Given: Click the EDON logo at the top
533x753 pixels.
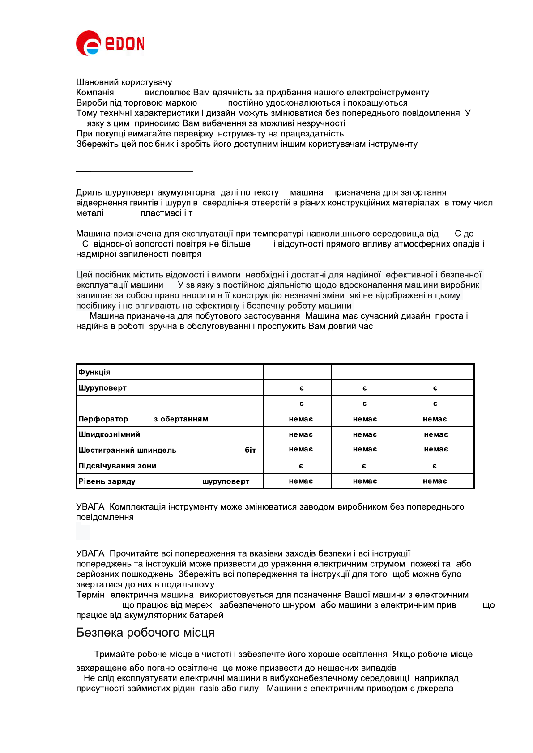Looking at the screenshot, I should coord(110,43).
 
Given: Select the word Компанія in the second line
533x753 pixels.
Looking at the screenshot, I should coord(95,93).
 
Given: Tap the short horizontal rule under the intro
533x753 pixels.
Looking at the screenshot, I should coord(134,171).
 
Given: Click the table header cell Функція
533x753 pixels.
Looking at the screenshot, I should coord(94,372).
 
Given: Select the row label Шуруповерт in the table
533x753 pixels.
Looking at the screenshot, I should coord(102,388).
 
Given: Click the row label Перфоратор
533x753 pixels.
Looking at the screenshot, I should coord(103,419).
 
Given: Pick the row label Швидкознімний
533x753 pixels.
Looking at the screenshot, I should coord(109,434).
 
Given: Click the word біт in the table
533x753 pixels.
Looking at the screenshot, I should coord(250,450).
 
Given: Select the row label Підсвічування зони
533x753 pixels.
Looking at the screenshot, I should coord(117,466).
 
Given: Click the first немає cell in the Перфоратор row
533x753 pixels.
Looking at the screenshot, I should coord(301,419).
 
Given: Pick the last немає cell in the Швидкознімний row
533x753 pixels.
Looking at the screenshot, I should coord(436,434).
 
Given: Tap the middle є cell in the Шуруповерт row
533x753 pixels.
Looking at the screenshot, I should coord(365,388).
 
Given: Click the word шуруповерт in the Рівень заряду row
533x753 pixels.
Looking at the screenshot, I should coord(226,481).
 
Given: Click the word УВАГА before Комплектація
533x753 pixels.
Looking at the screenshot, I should coord(90,507).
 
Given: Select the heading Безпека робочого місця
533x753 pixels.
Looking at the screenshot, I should coord(145,633).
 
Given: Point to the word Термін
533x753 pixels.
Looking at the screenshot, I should coord(90,595).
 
